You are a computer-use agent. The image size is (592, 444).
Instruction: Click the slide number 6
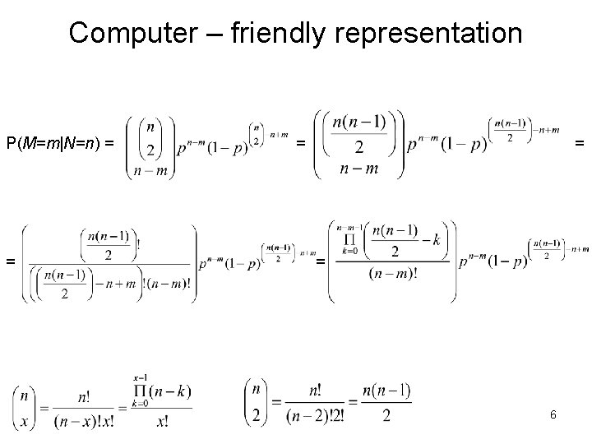pos(553,415)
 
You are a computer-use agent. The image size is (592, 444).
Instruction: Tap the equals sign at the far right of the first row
pos(580,144)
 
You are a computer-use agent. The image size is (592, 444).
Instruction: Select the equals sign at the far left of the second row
pos(11,261)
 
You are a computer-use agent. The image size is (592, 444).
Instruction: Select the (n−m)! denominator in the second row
pos(397,274)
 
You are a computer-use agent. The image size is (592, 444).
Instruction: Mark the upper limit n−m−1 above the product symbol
pos(349,224)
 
